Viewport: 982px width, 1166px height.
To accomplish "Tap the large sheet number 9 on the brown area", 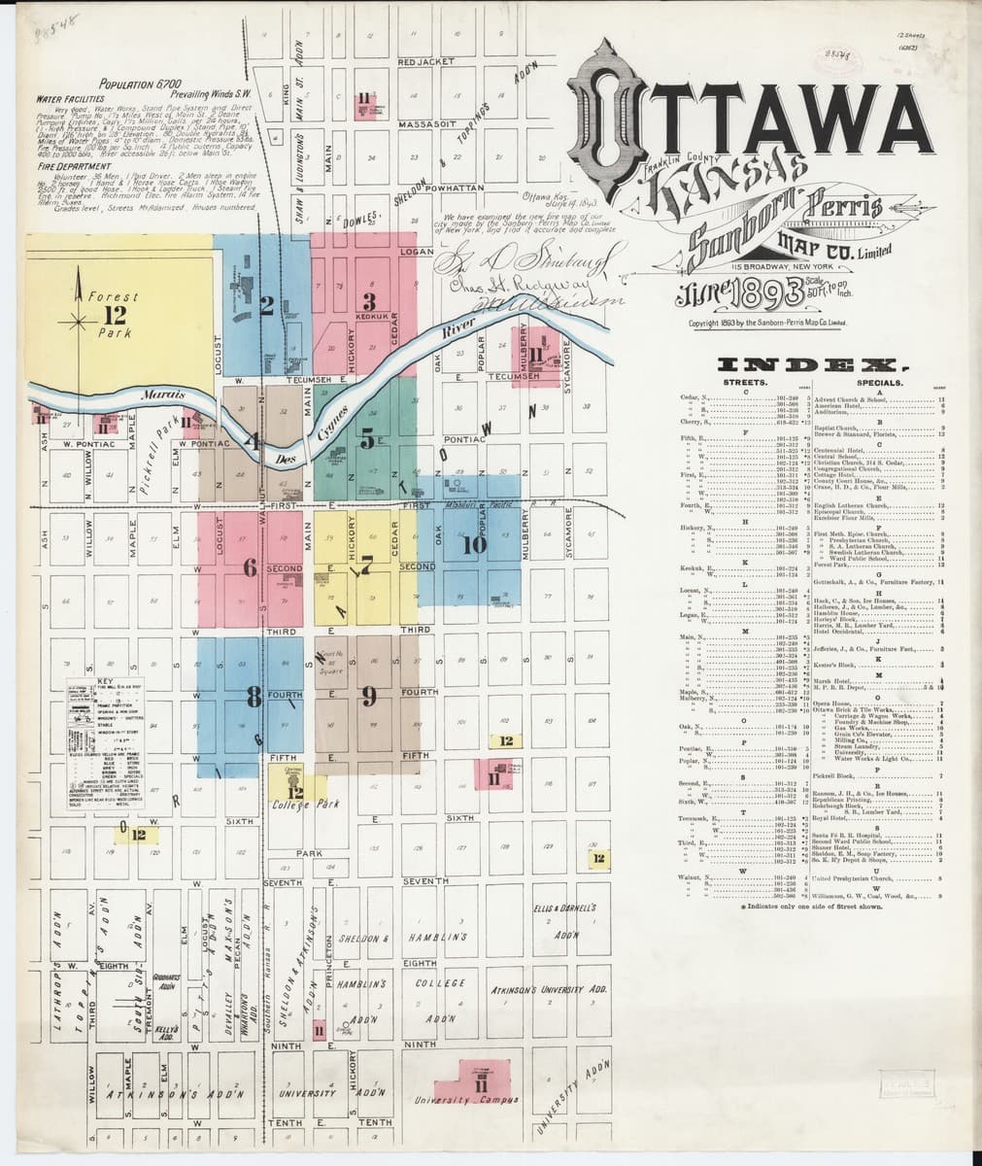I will coord(368,696).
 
